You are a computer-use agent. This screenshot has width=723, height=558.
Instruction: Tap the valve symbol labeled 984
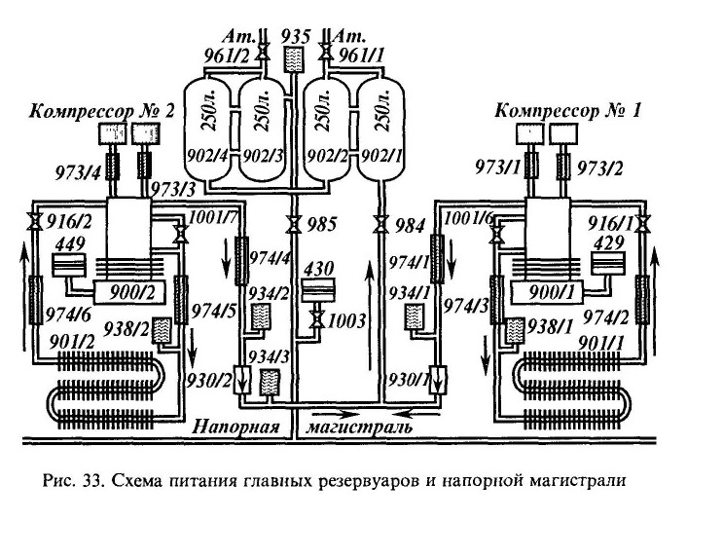pos(380,224)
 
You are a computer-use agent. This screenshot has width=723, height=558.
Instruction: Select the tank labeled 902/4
pos(211,130)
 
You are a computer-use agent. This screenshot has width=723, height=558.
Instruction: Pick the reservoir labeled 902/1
pos(381,130)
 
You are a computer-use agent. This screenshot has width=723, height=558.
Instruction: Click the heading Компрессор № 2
pos(102,111)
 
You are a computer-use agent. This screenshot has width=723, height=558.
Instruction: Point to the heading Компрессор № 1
pos(567,111)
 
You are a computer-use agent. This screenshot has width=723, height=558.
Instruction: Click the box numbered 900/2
pos(129,292)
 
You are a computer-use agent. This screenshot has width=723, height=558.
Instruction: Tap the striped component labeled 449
pos(69,266)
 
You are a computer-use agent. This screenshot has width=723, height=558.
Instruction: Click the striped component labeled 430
pos(317,290)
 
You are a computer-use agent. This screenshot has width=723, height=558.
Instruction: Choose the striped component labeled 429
pos(608,263)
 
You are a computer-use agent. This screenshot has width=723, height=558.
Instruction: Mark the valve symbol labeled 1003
pos(317,319)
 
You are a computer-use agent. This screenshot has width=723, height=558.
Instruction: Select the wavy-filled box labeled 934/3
pos(270,382)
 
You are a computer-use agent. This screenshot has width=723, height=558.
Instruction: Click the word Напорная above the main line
pos(236,427)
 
